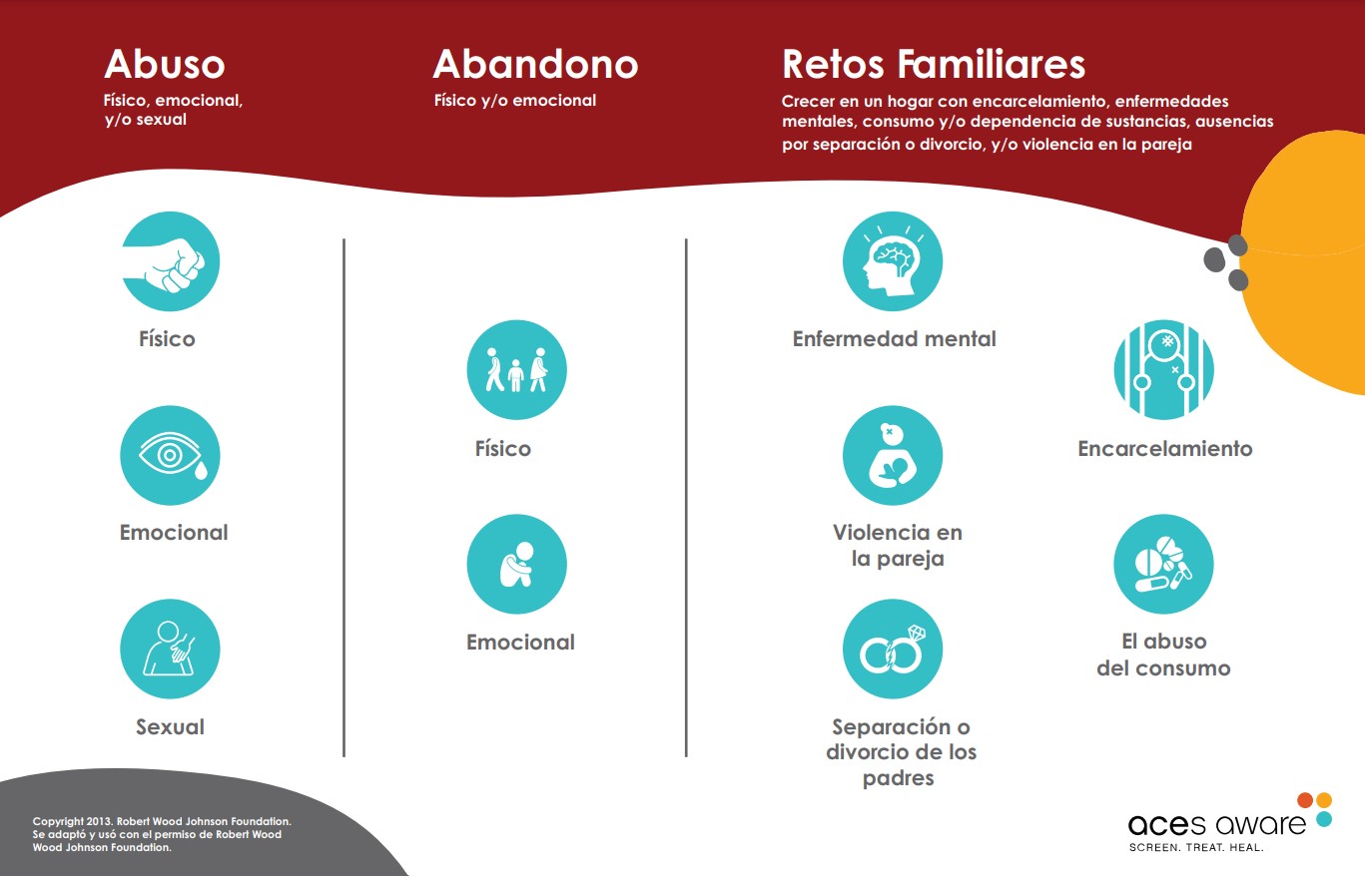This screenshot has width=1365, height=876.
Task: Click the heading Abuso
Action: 165,65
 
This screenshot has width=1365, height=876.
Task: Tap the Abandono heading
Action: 535,65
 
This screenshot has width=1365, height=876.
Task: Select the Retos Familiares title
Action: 934,65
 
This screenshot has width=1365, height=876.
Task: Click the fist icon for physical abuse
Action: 170,261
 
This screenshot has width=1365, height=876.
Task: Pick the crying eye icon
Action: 170,455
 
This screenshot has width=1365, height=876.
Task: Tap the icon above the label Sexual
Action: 170,650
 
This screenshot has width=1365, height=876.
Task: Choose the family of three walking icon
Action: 516,370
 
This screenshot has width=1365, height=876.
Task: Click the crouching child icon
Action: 516,564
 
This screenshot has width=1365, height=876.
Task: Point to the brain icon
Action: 893,261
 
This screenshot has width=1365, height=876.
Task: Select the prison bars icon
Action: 1163,370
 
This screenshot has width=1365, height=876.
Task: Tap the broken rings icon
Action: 893,650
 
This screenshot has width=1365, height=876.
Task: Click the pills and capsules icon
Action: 1163,564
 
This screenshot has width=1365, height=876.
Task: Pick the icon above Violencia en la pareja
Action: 893,455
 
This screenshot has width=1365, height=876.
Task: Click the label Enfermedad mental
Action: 894,339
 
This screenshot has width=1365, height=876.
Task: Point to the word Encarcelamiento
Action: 1164,449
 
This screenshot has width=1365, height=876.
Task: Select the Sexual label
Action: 170,727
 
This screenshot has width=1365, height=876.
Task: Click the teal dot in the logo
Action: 1324,819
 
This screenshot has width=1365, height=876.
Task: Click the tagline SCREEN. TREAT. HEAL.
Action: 1196,848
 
